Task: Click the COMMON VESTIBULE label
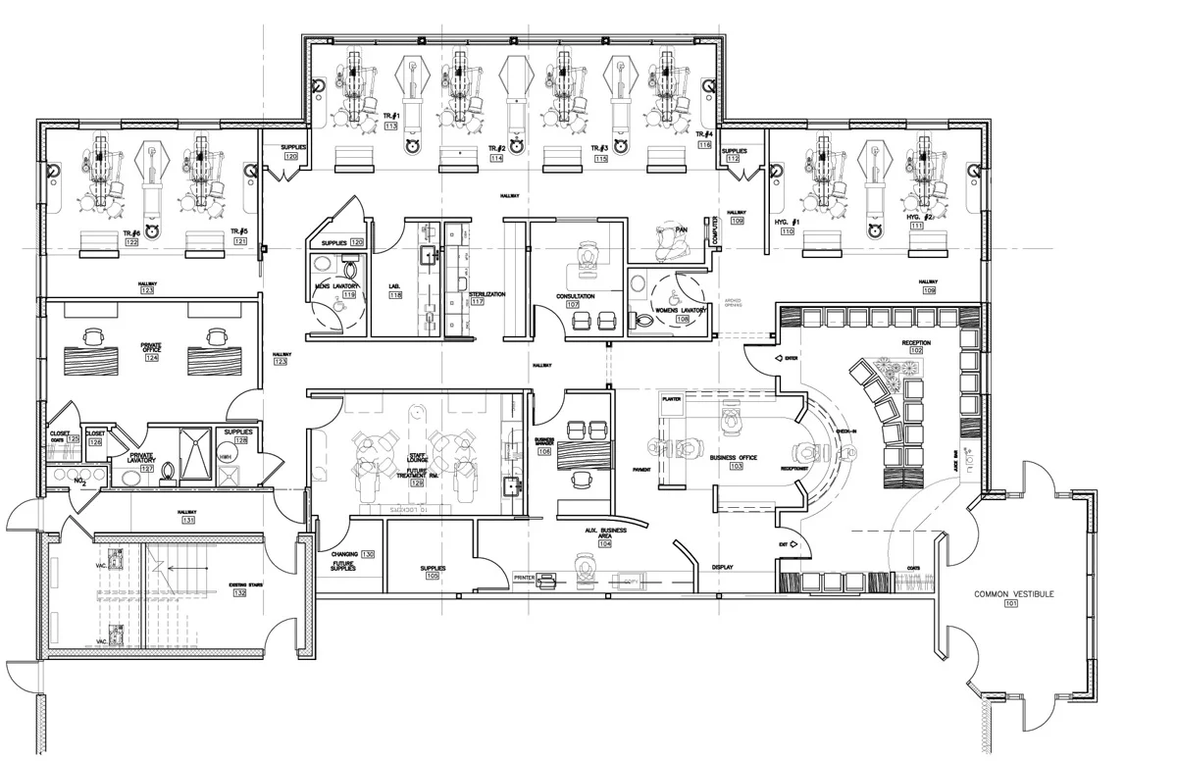1013,594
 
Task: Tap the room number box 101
1013,605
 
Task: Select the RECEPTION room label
916,342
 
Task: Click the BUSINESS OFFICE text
735,458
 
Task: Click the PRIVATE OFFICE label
152,348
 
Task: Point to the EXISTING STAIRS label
250,585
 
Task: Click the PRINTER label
525,579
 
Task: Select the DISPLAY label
723,567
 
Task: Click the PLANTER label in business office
672,400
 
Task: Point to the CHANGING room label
344,554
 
